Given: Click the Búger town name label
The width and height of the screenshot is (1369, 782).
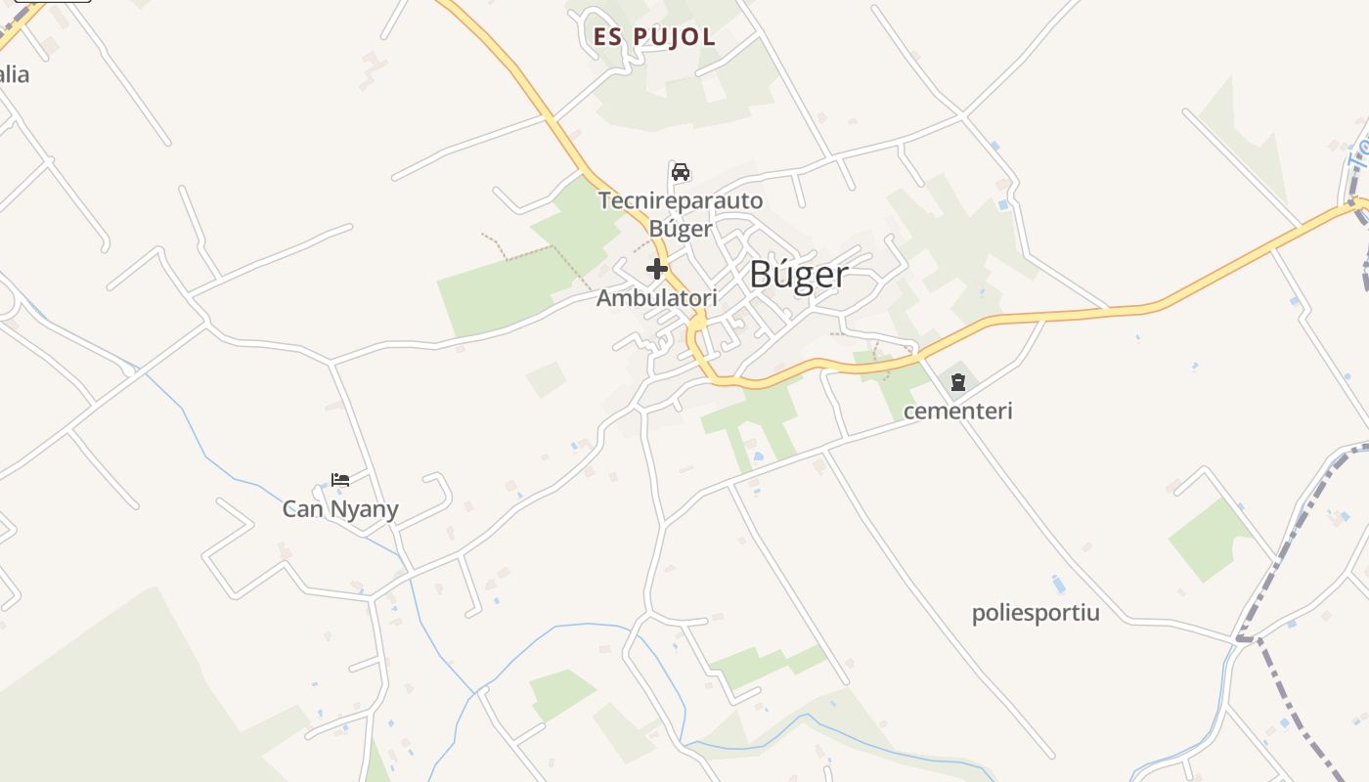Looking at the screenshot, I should click(x=798, y=275).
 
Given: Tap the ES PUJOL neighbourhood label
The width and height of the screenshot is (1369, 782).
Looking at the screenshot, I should click(x=654, y=37).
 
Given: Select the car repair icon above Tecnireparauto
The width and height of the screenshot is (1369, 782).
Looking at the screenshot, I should click(x=681, y=172).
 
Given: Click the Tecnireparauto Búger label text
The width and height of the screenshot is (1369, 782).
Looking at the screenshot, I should click(x=681, y=214).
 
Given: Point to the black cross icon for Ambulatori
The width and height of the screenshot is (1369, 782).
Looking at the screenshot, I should click(x=657, y=269).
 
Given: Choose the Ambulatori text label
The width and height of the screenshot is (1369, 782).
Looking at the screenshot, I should click(x=657, y=298).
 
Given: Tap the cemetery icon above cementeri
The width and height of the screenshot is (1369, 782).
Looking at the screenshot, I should click(x=958, y=381).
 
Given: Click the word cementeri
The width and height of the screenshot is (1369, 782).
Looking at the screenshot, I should click(x=958, y=411).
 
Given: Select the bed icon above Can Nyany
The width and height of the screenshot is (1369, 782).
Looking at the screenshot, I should click(x=340, y=480).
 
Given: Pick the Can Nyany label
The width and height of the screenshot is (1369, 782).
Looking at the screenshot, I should click(x=340, y=509).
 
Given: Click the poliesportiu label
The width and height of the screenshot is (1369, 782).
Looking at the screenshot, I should click(x=1036, y=614).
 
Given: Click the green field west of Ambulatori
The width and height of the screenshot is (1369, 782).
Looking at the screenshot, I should click(x=489, y=293).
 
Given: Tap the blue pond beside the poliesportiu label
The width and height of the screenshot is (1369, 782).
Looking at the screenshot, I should click(x=1058, y=585).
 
